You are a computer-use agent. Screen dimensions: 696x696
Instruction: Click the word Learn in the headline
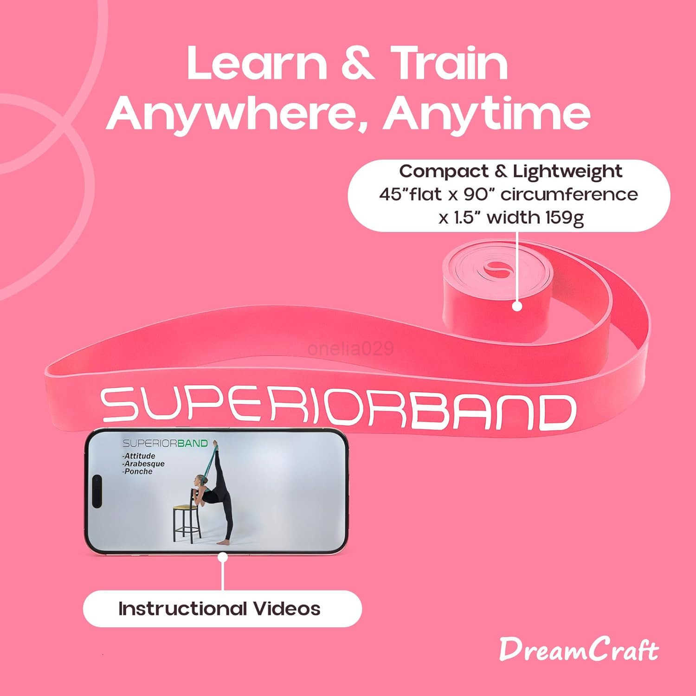[257, 64]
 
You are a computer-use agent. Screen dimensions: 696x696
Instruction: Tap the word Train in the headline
[449, 64]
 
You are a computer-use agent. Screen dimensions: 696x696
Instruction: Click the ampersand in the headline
[357, 64]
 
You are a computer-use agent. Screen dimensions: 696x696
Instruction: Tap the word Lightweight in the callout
[567, 172]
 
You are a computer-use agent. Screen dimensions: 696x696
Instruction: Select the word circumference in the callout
[569, 194]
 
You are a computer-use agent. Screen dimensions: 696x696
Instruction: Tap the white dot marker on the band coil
[517, 306]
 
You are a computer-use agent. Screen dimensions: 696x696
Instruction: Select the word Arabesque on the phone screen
[144, 464]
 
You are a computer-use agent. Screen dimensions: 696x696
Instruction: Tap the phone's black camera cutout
[97, 491]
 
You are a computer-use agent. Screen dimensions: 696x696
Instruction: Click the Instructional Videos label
[219, 609]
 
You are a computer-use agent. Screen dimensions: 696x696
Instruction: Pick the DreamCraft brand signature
[579, 650]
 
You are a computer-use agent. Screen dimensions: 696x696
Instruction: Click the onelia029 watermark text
[350, 348]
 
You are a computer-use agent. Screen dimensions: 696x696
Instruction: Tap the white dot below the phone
[223, 557]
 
